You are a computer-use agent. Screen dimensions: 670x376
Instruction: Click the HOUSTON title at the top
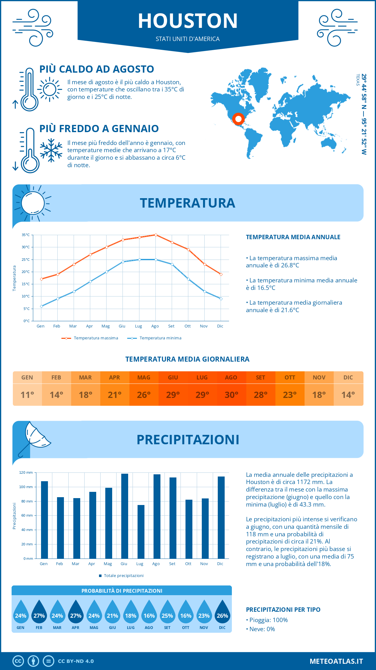[x=188, y=21]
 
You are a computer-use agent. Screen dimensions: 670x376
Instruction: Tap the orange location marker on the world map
[x=238, y=119]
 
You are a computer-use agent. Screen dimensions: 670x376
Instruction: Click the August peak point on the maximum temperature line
[x=156, y=235]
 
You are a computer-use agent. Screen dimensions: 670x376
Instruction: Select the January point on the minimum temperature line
[x=41, y=306]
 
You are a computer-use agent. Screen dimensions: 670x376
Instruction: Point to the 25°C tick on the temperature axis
[x=26, y=260]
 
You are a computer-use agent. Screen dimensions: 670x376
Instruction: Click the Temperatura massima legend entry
[x=90, y=338]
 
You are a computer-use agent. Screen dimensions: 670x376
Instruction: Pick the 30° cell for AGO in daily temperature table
[x=231, y=395]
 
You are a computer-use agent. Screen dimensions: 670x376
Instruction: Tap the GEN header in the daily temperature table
[x=27, y=378]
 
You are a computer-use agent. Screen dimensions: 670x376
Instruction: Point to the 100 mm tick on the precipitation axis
[x=26, y=487]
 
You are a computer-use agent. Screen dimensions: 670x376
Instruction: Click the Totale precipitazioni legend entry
[x=121, y=575]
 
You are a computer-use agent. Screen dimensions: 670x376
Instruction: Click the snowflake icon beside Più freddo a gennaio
[x=51, y=151]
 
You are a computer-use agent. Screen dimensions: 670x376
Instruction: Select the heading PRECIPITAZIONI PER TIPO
[x=283, y=610]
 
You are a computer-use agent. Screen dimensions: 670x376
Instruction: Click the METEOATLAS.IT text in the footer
[x=336, y=661]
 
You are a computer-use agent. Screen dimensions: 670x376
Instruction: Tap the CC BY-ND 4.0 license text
[x=76, y=661]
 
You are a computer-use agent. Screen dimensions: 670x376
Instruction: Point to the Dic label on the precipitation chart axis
[x=220, y=564]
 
